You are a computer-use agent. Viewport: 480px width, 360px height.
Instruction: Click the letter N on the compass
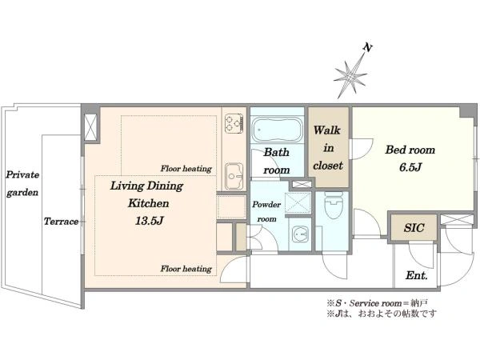(x=368, y=48)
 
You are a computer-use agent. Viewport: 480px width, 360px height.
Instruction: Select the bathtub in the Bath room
(x=277, y=130)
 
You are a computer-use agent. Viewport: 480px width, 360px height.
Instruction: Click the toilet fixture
(x=334, y=205)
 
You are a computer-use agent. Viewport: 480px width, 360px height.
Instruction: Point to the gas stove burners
(x=234, y=123)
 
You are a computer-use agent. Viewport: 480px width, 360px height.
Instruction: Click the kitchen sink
(x=234, y=177)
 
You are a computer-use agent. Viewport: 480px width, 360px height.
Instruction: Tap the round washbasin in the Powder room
(x=299, y=234)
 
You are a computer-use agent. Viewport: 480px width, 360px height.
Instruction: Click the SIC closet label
(x=414, y=228)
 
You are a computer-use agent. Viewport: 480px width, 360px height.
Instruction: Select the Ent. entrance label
(x=416, y=275)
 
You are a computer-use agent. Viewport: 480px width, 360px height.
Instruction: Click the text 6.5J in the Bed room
(x=410, y=167)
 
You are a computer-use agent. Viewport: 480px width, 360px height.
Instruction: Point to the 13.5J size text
(x=149, y=221)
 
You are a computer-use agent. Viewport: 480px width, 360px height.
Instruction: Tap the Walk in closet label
(x=328, y=148)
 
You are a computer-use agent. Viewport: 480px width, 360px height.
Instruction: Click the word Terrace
(x=61, y=222)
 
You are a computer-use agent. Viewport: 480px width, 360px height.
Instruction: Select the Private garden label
(x=22, y=184)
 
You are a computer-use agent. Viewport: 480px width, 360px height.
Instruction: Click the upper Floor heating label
(x=186, y=168)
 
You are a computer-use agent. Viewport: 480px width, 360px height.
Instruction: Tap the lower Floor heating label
(x=186, y=269)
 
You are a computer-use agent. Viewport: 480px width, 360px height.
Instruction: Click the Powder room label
(x=266, y=211)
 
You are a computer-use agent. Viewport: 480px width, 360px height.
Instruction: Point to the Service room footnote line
(x=378, y=303)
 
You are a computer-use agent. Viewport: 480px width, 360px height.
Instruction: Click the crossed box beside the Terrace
(x=91, y=126)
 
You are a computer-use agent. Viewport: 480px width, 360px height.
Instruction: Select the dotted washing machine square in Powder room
(x=298, y=203)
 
